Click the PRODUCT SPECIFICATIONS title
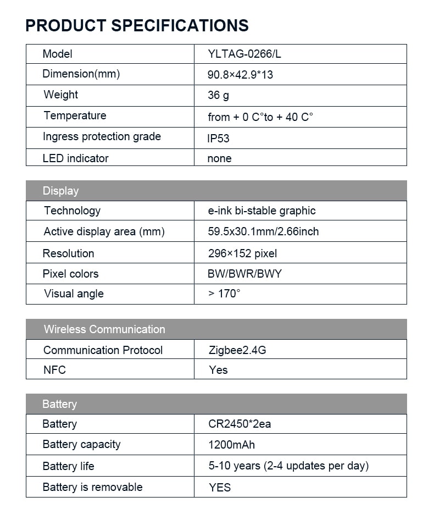pyautogui.click(x=137, y=25)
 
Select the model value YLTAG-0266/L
pyautogui.click(x=244, y=54)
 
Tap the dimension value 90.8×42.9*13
pyautogui.click(x=240, y=75)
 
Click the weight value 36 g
pyautogui.click(x=218, y=96)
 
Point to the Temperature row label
pyautogui.click(x=75, y=116)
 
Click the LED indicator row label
pyautogui.click(x=75, y=158)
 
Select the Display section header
pyautogui.click(x=60, y=191)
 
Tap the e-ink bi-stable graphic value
pyautogui.click(x=261, y=211)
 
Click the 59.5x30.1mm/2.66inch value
pyautogui.click(x=263, y=231)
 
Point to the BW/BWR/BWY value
pyautogui.click(x=244, y=274)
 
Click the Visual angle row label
pyautogui.click(x=74, y=294)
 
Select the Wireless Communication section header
pyautogui.click(x=104, y=329)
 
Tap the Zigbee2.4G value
pyautogui.click(x=237, y=350)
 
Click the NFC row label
pyautogui.click(x=54, y=370)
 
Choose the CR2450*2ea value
pyautogui.click(x=240, y=424)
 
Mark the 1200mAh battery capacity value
pyautogui.click(x=231, y=445)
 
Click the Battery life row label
pyautogui.click(x=68, y=466)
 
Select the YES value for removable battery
pyautogui.click(x=220, y=488)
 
